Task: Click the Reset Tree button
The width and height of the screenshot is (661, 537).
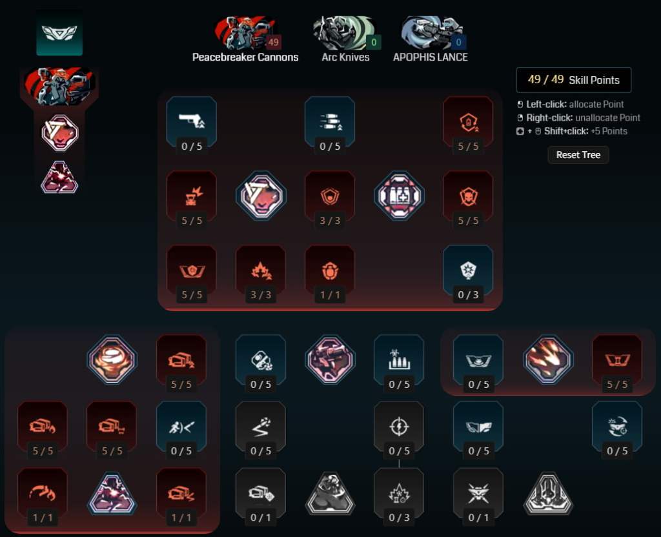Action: pos(578,155)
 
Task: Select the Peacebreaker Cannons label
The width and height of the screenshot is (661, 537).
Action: pos(245,57)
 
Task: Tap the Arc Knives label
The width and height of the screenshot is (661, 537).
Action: pos(345,57)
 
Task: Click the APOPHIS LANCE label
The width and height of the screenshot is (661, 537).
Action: pos(430,57)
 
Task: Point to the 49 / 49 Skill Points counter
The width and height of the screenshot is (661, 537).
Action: pos(573,80)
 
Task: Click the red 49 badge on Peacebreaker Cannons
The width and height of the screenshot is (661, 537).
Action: pos(273,43)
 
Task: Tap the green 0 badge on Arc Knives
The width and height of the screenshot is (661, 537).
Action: pos(373,43)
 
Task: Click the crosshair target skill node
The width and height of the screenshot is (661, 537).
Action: pos(398,426)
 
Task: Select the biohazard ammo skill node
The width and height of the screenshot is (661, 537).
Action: pos(398,359)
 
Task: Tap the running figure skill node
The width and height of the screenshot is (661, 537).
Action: pos(181,426)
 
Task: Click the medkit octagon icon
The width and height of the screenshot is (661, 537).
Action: pos(399,196)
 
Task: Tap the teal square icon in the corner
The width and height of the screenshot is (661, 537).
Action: pos(59,32)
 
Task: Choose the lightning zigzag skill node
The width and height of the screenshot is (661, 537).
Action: pos(260,426)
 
